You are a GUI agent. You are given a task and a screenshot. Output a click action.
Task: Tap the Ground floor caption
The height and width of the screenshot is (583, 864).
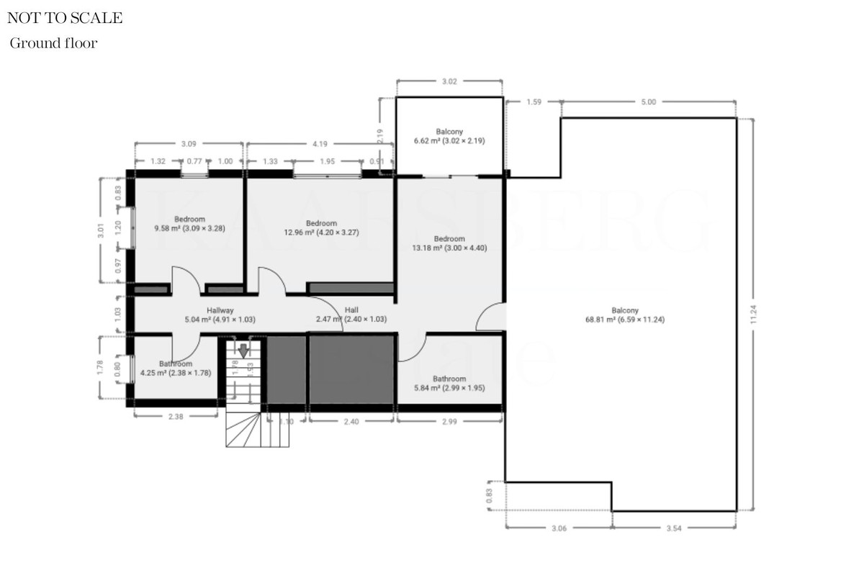[x=53, y=44]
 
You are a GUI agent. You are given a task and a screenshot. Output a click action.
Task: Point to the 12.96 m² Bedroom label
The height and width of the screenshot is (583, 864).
[x=320, y=227]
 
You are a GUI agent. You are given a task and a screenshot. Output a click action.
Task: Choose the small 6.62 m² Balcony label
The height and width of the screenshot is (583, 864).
[x=449, y=136]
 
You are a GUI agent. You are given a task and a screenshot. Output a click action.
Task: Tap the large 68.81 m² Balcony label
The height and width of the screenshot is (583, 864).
[x=624, y=315]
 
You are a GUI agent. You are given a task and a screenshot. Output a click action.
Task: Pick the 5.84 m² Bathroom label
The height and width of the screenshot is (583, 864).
[x=449, y=383]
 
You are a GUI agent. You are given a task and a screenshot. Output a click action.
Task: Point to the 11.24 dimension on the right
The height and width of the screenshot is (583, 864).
[x=753, y=315]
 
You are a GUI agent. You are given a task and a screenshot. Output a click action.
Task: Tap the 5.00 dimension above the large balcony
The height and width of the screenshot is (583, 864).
[x=648, y=102]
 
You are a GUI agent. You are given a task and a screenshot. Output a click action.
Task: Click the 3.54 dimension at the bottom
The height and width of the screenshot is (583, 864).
[x=674, y=528]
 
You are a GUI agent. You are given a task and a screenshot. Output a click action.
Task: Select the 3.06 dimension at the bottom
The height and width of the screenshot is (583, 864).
[x=558, y=528]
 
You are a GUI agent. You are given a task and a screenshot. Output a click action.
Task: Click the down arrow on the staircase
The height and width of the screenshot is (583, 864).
[x=243, y=351]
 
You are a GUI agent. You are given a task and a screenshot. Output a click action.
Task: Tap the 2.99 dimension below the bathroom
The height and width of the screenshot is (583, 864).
[x=449, y=422]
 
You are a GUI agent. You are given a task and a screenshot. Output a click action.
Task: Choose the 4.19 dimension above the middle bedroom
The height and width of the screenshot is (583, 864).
[x=320, y=144]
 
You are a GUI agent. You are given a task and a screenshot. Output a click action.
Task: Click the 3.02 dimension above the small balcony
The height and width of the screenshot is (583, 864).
[x=449, y=81]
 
